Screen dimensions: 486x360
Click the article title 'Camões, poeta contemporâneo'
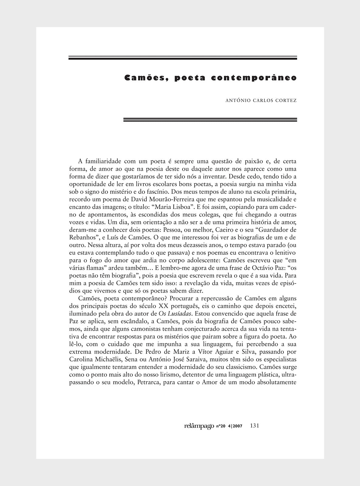pos(210,78)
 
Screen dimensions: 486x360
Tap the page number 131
pos(254,426)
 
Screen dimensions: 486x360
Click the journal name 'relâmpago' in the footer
pos(199,426)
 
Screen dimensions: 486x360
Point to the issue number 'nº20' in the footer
pos(221,426)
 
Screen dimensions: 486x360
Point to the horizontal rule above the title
pos(183,58)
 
